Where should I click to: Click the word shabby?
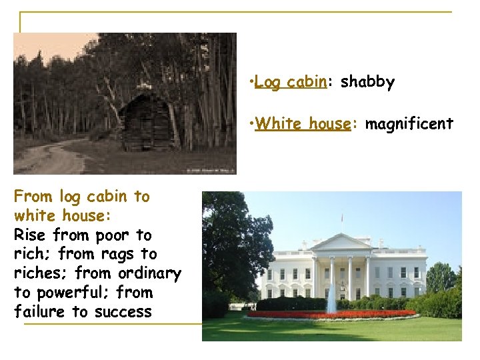[367, 83]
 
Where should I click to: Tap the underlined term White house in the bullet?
[303, 124]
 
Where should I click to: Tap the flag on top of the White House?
[342, 217]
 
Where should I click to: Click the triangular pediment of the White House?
[341, 243]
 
